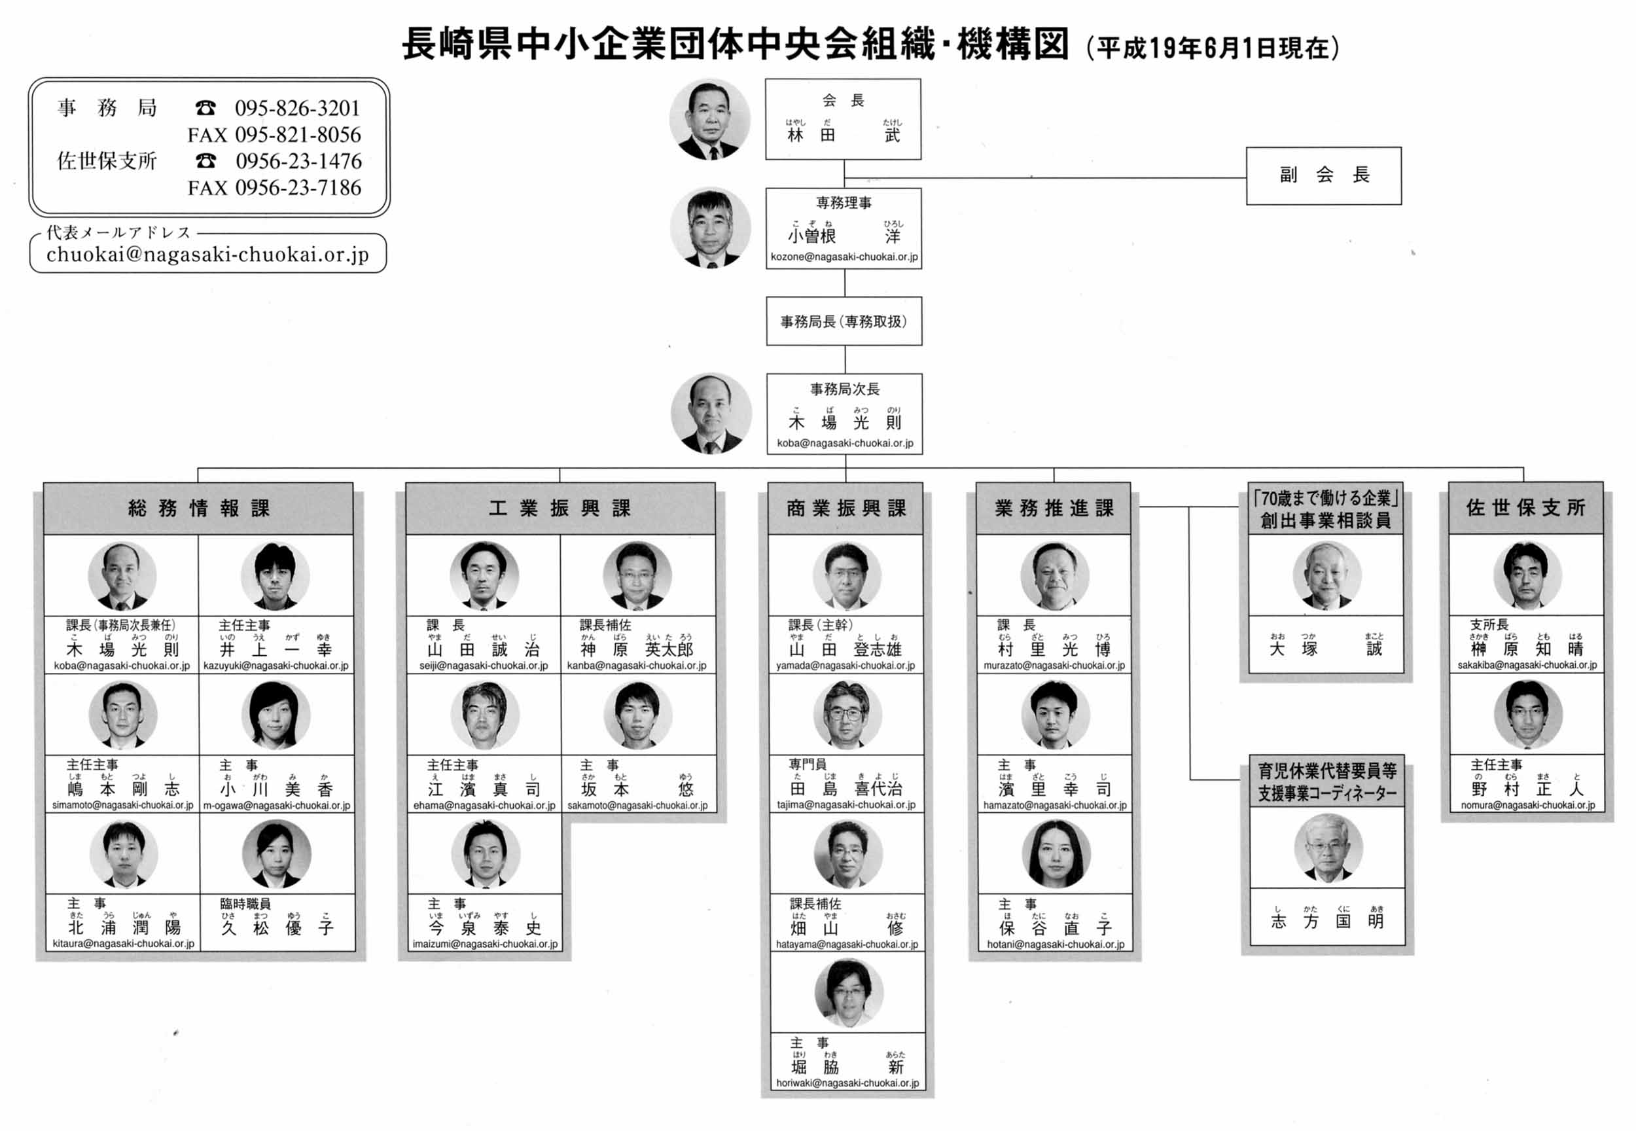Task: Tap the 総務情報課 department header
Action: click(x=198, y=508)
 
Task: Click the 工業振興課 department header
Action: click(x=559, y=508)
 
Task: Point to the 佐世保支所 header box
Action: click(x=1525, y=507)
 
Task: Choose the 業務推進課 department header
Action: click(x=1053, y=508)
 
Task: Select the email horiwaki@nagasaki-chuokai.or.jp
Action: click(x=847, y=1083)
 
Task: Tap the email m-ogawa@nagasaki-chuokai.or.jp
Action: click(x=276, y=805)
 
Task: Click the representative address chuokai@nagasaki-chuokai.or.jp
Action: click(x=207, y=255)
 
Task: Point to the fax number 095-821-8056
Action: click(x=298, y=135)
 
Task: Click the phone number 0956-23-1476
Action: click(x=298, y=162)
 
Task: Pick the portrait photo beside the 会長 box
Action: click(x=709, y=118)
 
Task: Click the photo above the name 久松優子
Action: click(x=276, y=854)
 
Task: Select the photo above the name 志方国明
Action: click(x=1327, y=848)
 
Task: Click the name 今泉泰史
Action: click(x=485, y=927)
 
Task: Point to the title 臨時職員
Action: click(x=245, y=903)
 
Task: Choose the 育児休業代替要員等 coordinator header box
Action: click(x=1327, y=782)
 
